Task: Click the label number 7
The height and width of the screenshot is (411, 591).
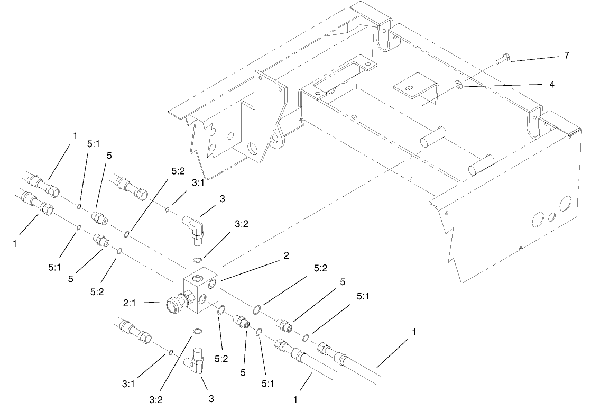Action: (x=567, y=55)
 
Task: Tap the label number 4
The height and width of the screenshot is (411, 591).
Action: (x=552, y=84)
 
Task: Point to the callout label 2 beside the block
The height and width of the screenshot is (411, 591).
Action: (x=286, y=255)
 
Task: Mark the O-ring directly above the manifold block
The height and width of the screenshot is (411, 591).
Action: (x=197, y=260)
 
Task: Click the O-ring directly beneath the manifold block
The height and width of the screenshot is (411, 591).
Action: (x=197, y=331)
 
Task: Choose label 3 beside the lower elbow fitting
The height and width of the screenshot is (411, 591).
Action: (x=211, y=398)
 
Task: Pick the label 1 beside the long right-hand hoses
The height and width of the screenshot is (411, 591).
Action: (x=414, y=332)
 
